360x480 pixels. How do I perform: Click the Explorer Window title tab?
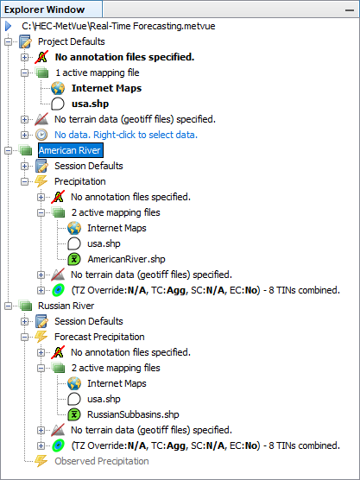click(45, 9)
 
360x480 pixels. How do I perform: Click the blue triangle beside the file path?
click(9, 26)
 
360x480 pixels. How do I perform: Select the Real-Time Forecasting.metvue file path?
click(118, 26)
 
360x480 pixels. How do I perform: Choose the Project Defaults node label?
click(72, 41)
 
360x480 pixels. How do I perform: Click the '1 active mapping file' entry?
click(98, 73)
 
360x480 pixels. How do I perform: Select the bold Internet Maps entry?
click(106, 88)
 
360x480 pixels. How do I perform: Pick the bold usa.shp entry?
click(91, 104)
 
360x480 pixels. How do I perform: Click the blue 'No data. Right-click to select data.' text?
click(126, 135)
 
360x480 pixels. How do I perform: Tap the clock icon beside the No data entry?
click(41, 135)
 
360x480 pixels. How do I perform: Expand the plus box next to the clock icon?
click(24, 135)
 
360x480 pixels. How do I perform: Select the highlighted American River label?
click(71, 150)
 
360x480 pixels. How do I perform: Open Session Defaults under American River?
click(89, 166)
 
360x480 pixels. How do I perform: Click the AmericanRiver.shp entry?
click(126, 259)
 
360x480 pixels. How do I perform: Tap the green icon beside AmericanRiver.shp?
click(74, 259)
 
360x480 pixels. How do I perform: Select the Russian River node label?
click(66, 306)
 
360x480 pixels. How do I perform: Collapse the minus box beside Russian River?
click(8, 306)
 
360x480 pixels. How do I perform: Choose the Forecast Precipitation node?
click(99, 337)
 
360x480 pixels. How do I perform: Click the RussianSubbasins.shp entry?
click(133, 414)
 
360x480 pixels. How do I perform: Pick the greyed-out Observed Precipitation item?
click(102, 461)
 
